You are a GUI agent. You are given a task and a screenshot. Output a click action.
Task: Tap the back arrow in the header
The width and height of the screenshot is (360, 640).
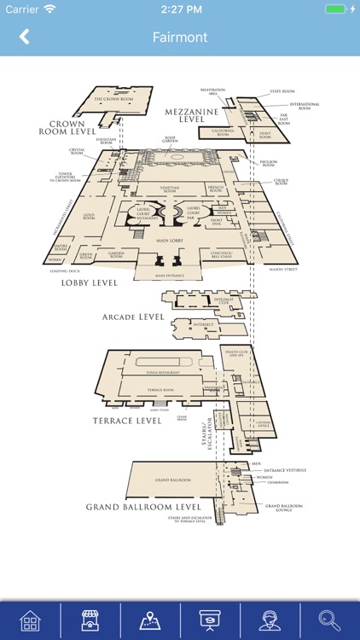pos(24,37)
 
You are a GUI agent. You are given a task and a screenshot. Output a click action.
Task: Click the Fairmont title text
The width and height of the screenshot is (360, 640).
pos(180,37)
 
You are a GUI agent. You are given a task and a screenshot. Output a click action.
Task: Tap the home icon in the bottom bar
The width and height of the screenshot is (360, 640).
pos(31,620)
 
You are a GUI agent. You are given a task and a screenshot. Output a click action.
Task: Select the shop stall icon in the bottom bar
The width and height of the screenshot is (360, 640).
pos(90,620)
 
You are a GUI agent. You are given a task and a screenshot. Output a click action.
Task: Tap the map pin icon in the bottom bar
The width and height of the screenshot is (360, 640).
pos(150,620)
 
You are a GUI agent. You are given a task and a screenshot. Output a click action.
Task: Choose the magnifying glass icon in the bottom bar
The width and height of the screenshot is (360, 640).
pos(329,620)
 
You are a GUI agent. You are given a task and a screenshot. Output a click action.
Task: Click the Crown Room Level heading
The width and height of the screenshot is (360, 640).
pos(65,128)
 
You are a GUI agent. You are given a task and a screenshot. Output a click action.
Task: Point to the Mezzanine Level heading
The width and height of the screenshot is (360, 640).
pos(193,116)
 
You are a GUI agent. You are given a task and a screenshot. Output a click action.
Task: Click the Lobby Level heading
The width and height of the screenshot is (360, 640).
pos(89,282)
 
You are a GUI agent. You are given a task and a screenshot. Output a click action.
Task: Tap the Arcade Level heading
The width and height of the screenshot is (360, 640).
pos(132,317)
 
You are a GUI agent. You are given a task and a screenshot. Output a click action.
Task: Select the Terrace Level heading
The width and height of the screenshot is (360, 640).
pos(126,421)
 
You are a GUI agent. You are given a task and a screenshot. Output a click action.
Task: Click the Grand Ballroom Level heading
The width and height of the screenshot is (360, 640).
pos(143,507)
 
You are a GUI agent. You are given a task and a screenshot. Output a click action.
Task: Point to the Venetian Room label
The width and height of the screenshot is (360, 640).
pos(170,190)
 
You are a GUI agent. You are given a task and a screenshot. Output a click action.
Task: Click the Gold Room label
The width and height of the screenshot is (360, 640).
pos(89,217)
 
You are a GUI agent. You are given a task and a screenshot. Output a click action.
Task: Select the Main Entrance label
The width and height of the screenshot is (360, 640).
pos(171,276)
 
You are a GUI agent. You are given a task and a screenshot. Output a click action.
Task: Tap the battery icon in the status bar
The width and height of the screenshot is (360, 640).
pos(335,9)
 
